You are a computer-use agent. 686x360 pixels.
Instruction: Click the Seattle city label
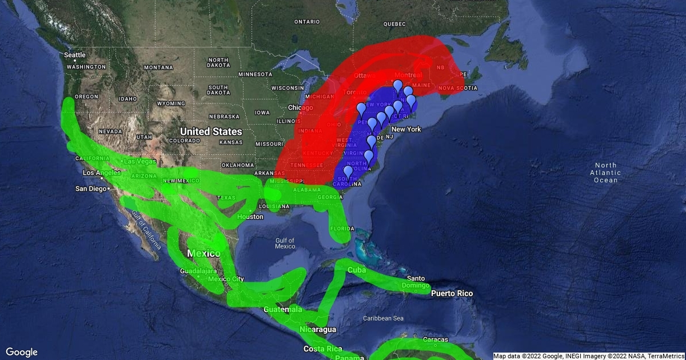[75, 55]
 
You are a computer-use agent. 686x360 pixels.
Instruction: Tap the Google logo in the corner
[22, 352]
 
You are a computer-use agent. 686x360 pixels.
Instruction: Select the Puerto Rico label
[452, 293]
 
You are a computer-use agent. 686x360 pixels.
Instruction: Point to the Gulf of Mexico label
[285, 243]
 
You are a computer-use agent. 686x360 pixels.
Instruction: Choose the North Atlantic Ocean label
[605, 173]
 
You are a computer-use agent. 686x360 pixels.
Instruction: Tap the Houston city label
[250, 217]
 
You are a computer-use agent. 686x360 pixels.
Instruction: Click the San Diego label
[91, 189]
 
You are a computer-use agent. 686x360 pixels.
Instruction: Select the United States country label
[212, 131]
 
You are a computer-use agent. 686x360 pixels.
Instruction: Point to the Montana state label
[158, 67]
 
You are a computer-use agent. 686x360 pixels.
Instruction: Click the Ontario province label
[307, 22]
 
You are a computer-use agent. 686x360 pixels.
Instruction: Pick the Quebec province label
[394, 24]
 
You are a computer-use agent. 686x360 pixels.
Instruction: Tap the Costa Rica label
[322, 349]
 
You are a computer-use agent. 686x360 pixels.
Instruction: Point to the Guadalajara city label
[198, 270]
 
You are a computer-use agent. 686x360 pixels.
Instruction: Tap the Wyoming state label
[170, 104]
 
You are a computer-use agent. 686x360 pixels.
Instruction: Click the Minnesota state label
[256, 74]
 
